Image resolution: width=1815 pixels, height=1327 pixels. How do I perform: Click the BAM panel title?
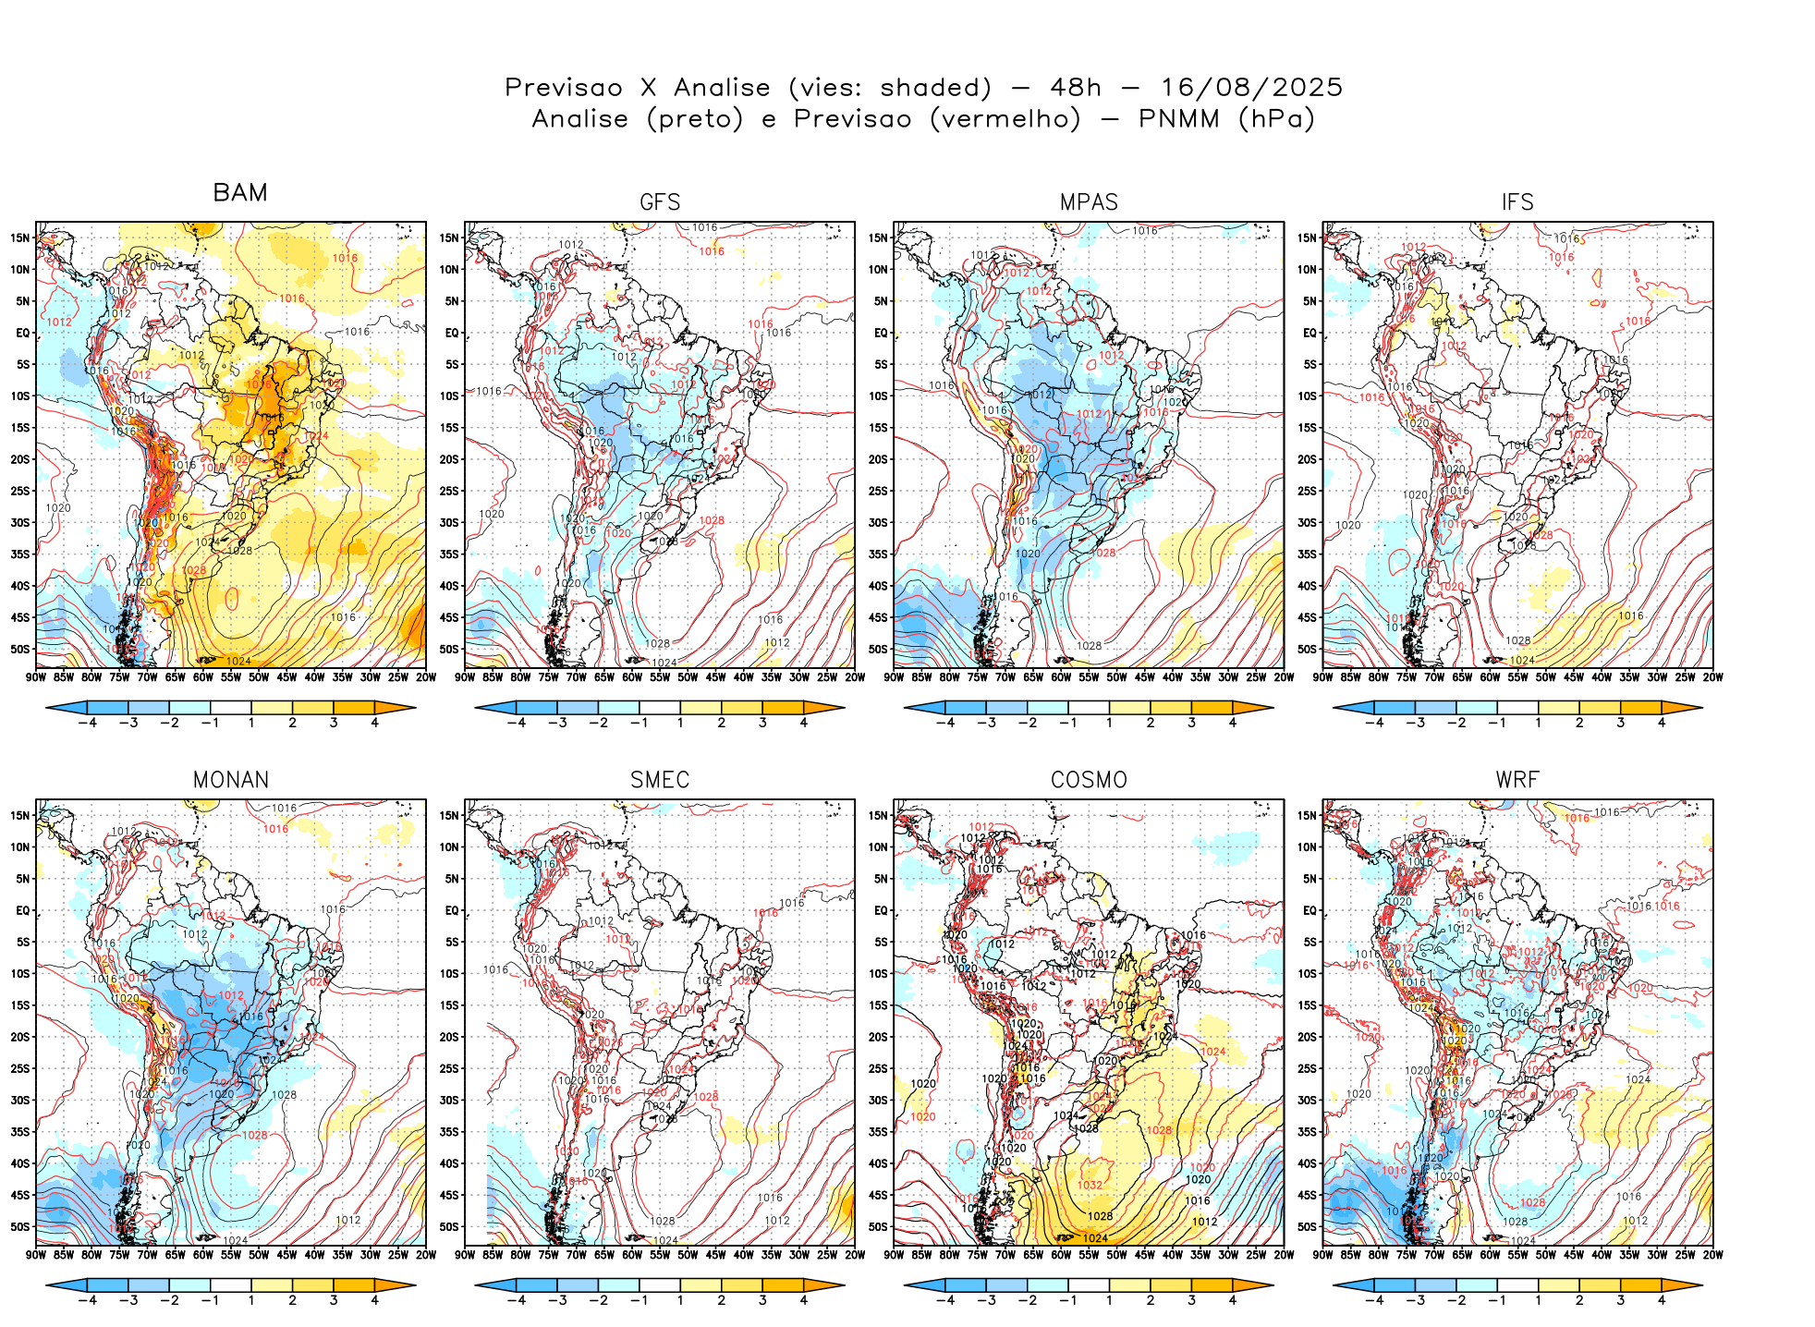[x=240, y=192]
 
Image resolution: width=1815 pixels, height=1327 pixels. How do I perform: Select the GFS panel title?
[x=660, y=202]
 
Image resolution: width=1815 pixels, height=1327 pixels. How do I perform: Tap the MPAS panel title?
[x=1089, y=202]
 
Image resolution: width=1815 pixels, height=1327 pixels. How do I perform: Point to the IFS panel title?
[x=1517, y=202]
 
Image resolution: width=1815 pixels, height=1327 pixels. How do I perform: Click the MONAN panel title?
[x=231, y=780]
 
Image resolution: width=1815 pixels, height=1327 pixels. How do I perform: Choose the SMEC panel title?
[x=660, y=780]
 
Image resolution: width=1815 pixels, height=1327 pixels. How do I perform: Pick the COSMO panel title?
[x=1089, y=780]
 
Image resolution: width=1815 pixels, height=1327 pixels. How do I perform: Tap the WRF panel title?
[x=1517, y=780]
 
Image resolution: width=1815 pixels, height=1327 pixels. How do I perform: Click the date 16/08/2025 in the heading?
[x=1251, y=88]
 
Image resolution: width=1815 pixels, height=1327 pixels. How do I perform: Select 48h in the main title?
[x=1076, y=88]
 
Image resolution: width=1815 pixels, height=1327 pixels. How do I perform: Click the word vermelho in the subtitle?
[x=1005, y=119]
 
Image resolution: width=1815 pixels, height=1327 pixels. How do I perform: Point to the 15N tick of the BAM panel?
[x=20, y=237]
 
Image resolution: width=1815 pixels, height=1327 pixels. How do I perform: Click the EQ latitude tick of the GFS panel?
[x=452, y=333]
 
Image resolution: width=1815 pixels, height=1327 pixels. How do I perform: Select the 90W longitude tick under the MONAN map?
[x=36, y=1255]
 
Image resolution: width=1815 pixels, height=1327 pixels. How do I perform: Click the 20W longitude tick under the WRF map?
[x=1712, y=1255]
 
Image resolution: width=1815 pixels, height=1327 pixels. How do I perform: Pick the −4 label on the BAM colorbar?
[x=87, y=723]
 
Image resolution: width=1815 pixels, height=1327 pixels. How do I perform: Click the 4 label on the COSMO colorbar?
[x=1233, y=1300]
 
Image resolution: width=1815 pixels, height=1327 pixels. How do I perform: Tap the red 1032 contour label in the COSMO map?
[x=1090, y=1186]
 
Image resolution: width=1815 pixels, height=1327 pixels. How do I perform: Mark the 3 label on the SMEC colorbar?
[x=762, y=1300]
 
